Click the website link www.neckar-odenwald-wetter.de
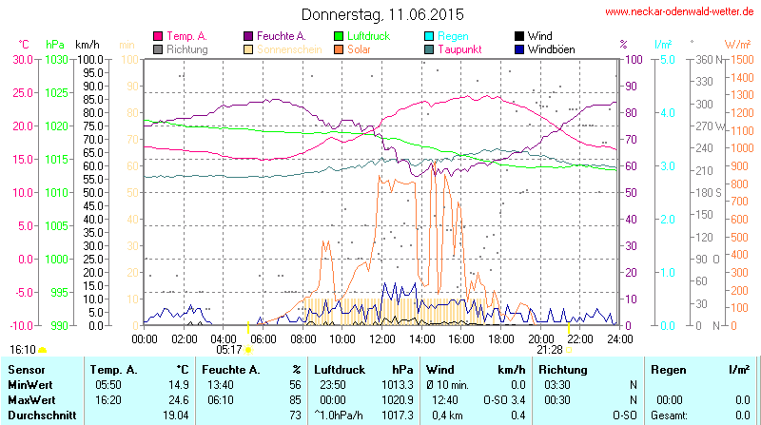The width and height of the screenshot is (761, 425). click(679, 12)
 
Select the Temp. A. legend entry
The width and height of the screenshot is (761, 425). click(186, 36)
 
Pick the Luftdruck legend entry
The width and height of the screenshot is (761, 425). click(367, 36)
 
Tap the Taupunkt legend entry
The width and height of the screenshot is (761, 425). click(462, 48)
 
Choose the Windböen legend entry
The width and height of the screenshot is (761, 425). click(550, 48)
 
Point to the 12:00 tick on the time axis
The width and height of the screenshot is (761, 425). click(382, 338)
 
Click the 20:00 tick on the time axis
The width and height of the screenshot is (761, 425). click(541, 338)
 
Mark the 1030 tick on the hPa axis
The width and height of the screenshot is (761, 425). click(56, 59)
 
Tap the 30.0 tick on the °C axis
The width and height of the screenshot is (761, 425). click(21, 59)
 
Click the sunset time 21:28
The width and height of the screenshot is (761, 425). click(549, 349)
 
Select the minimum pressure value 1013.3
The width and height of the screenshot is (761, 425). click(404, 384)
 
